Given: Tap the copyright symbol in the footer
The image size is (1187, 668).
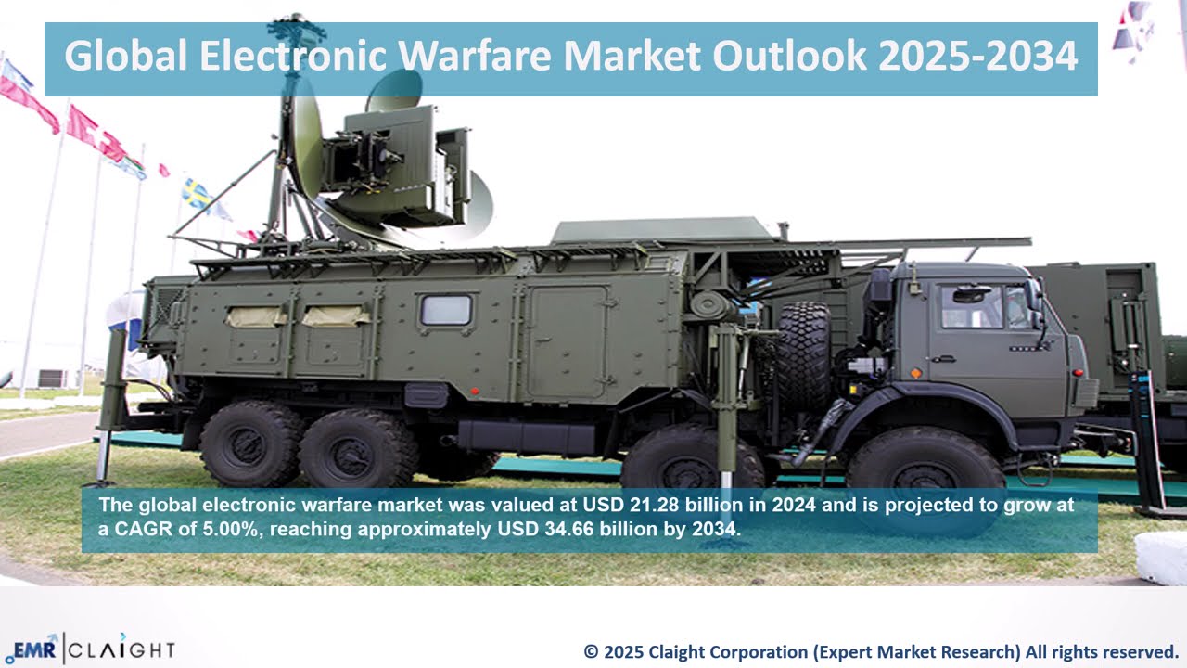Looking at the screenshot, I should (591, 651).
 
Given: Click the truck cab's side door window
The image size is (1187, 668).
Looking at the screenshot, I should (969, 306).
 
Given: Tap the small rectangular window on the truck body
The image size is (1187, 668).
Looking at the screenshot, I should (446, 310).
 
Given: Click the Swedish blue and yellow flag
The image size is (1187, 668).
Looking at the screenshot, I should (196, 194).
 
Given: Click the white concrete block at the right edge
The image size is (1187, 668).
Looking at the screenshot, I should (1161, 558).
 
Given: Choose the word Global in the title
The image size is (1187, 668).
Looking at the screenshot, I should (125, 58).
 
